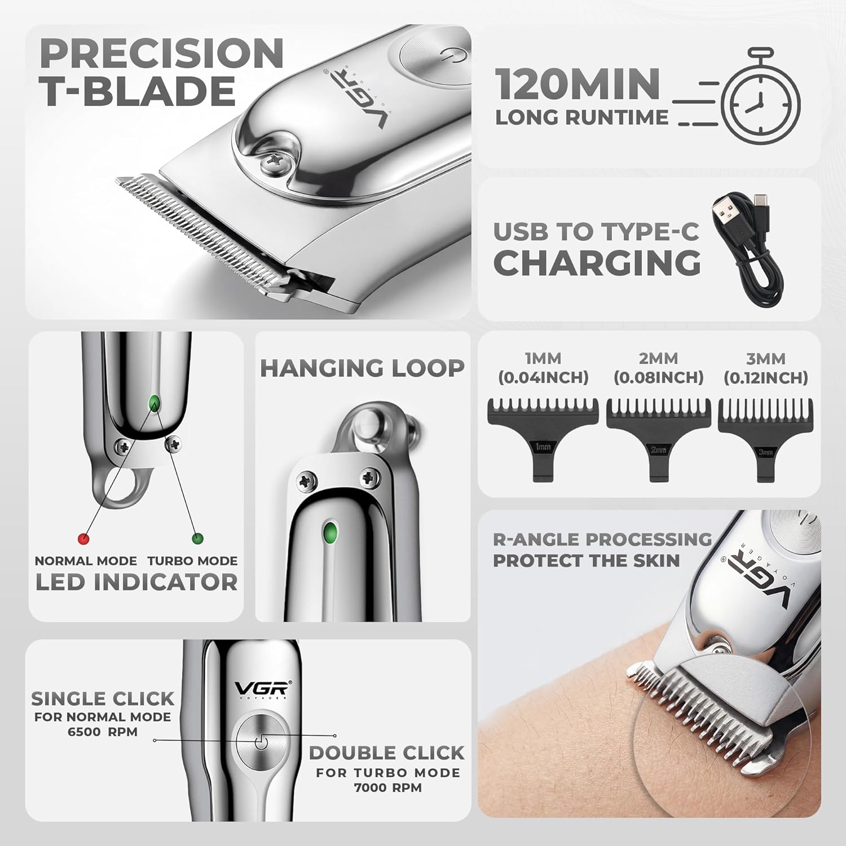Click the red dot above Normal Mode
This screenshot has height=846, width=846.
point(83,539)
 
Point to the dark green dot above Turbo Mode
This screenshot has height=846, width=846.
point(197,539)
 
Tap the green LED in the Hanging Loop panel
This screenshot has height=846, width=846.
point(329,531)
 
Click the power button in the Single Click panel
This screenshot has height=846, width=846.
point(260,743)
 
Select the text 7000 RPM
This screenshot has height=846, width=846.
point(387,787)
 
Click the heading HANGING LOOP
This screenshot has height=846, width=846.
point(362,368)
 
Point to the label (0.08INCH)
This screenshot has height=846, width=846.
point(658,377)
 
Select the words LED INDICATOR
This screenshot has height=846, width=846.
point(136,582)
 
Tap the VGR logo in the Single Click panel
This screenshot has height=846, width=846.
point(262,688)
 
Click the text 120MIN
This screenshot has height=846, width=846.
point(578,83)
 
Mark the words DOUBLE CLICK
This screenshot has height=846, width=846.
point(386,752)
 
